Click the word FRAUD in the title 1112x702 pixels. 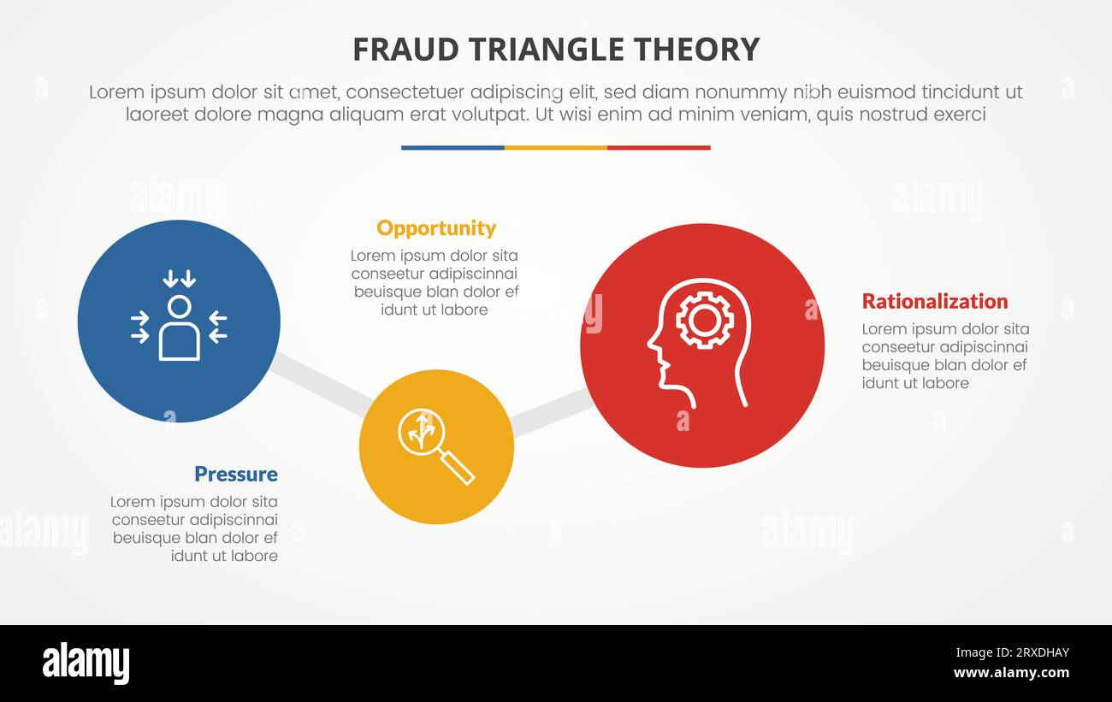396,50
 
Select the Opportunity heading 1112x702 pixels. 435,228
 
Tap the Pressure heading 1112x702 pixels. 235,475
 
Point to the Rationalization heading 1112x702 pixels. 934,301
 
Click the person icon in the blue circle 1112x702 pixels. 179,329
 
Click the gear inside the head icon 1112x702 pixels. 704,321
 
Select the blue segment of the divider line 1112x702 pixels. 452,148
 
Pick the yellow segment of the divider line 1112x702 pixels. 556,148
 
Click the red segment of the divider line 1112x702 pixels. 659,148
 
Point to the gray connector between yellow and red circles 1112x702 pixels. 552,411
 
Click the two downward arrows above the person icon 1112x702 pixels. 179,278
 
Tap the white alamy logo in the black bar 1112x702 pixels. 86,664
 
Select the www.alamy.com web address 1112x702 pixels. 1011,673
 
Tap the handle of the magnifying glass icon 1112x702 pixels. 458,467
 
